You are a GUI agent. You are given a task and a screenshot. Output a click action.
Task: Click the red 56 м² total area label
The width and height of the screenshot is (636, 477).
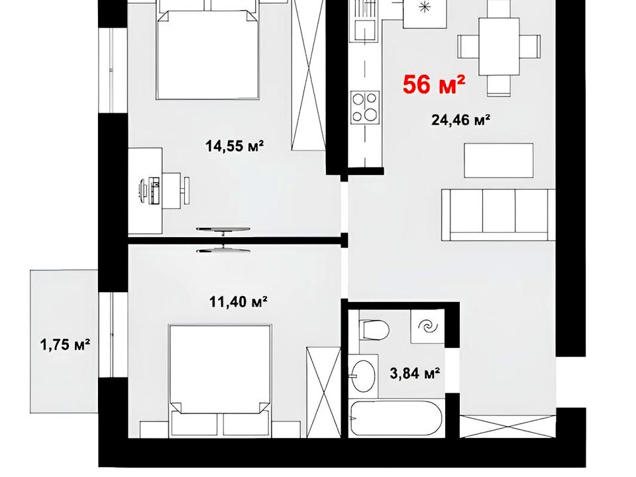[x=433, y=85]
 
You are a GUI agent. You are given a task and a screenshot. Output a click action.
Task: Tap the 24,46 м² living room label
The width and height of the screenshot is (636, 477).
[x=461, y=120]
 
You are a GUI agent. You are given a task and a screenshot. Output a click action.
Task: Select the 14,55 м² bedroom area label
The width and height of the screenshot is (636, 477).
[x=235, y=145]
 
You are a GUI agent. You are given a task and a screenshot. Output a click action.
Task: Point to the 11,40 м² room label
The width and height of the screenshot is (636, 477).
[x=238, y=301]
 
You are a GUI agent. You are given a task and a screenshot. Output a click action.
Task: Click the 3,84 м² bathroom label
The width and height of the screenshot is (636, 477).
[x=415, y=373]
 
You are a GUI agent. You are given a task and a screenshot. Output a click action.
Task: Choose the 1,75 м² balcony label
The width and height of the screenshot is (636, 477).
[x=65, y=345]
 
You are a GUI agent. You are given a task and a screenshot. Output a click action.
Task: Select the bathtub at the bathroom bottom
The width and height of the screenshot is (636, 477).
[x=396, y=418]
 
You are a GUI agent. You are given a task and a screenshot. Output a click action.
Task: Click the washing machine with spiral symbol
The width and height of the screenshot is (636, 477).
[x=427, y=327]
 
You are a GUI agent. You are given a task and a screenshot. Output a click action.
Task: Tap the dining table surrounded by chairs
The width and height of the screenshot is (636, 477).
[x=499, y=46]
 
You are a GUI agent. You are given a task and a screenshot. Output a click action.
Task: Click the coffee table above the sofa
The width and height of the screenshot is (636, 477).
[x=498, y=160]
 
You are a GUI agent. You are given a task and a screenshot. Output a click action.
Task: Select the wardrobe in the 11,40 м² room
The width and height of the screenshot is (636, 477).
[x=323, y=392]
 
